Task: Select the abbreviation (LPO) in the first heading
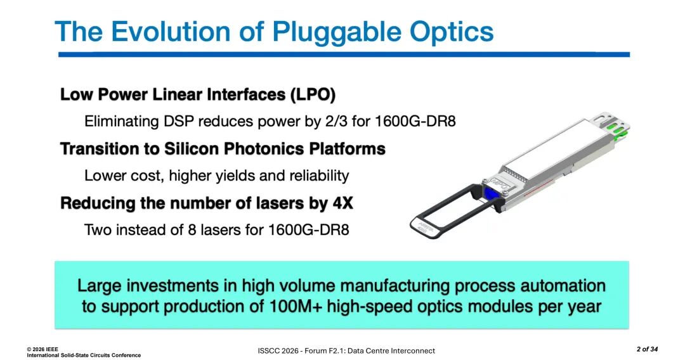pyautogui.click(x=313, y=94)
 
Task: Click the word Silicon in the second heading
pyautogui.click(x=189, y=149)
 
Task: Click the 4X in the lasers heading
pyautogui.click(x=342, y=203)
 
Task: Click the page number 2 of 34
pyautogui.click(x=647, y=349)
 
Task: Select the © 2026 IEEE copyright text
pyautogui.click(x=42, y=349)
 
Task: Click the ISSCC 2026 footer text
pyautogui.click(x=278, y=351)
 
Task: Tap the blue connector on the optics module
pyautogui.click(x=490, y=195)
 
